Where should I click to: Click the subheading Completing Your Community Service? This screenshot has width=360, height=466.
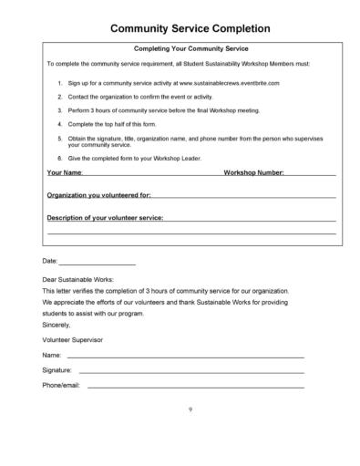tap(191, 48)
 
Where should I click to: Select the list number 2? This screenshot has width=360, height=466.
tap(60, 96)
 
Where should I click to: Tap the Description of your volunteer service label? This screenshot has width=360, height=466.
tap(106, 219)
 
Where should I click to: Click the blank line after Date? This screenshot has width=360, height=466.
tap(97, 263)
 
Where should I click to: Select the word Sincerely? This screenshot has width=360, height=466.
tap(57, 323)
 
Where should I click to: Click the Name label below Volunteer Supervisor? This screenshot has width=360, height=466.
tap(52, 354)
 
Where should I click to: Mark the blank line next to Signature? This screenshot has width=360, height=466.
tap(191, 372)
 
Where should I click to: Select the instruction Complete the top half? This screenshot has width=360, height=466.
tap(109, 123)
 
